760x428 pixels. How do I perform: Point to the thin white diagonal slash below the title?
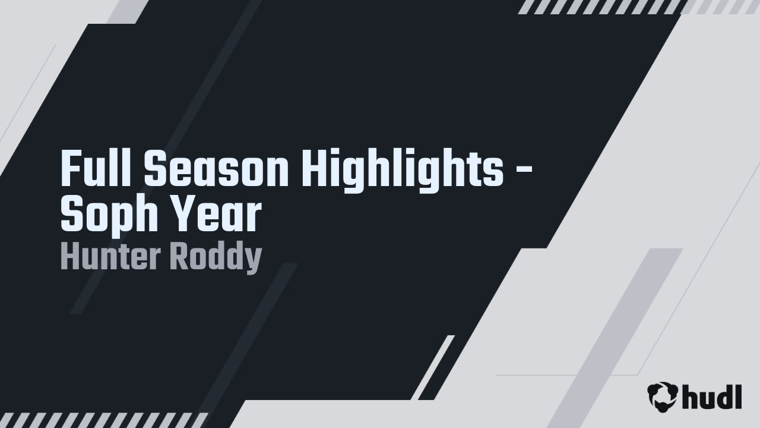434,367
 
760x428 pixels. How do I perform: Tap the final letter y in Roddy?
254,260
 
